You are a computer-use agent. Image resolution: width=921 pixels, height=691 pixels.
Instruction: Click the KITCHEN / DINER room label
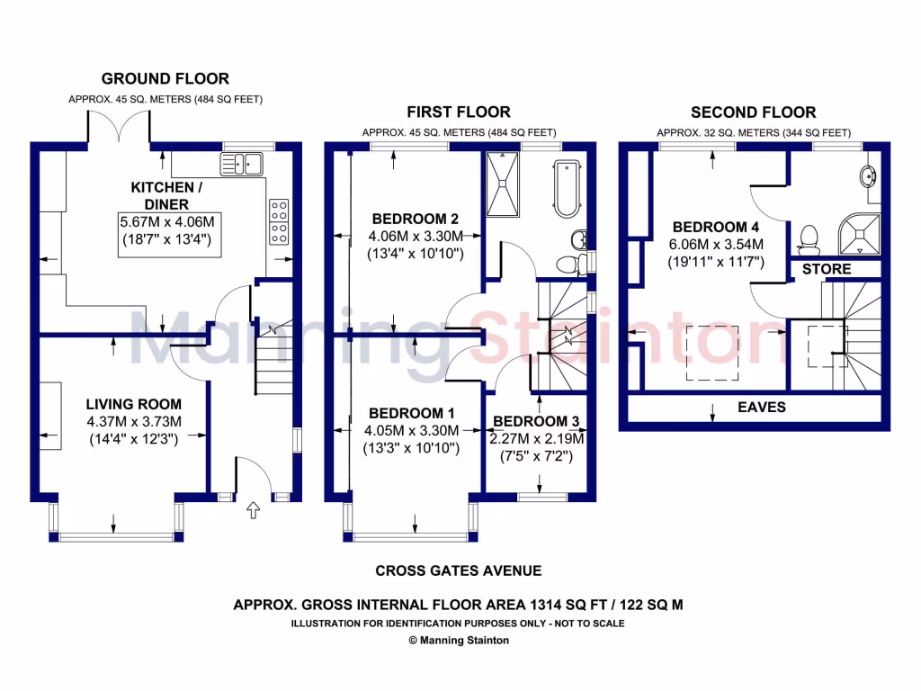click(x=163, y=195)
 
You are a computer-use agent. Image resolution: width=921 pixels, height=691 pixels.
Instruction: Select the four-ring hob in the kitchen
click(x=278, y=221)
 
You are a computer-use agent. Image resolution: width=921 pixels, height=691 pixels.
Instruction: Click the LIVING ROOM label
click(x=133, y=405)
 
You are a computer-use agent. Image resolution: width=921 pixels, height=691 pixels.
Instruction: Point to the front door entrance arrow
click(x=253, y=511)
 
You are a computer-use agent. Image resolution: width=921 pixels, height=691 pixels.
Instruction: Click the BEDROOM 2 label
click(x=416, y=219)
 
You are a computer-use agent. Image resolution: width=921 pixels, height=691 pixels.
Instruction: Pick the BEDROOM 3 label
click(x=536, y=421)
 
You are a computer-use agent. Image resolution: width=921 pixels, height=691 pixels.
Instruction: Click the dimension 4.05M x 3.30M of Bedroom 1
click(x=410, y=430)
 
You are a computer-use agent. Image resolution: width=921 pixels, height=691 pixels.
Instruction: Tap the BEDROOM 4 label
click(x=710, y=228)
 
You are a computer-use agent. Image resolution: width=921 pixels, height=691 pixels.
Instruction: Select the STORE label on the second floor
click(x=826, y=269)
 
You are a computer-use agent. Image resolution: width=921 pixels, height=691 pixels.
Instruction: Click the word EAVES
click(x=761, y=408)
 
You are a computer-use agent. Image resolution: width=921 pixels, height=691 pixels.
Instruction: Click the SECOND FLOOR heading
click(x=753, y=112)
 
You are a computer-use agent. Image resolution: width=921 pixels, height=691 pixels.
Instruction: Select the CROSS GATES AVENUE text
click(x=459, y=570)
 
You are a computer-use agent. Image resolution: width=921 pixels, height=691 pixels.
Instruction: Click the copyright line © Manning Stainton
click(x=459, y=641)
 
